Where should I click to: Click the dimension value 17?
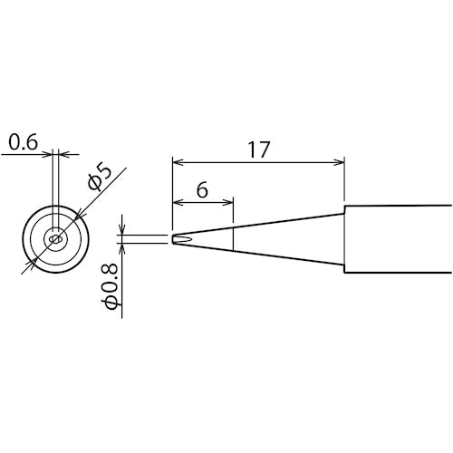tap(258, 149)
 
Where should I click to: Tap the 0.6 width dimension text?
tap(21, 141)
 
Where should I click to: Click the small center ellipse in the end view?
tap(57, 239)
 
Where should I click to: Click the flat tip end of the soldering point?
tap(172, 239)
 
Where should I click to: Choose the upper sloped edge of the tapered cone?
tap(272, 223)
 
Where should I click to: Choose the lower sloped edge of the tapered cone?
tap(272, 255)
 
